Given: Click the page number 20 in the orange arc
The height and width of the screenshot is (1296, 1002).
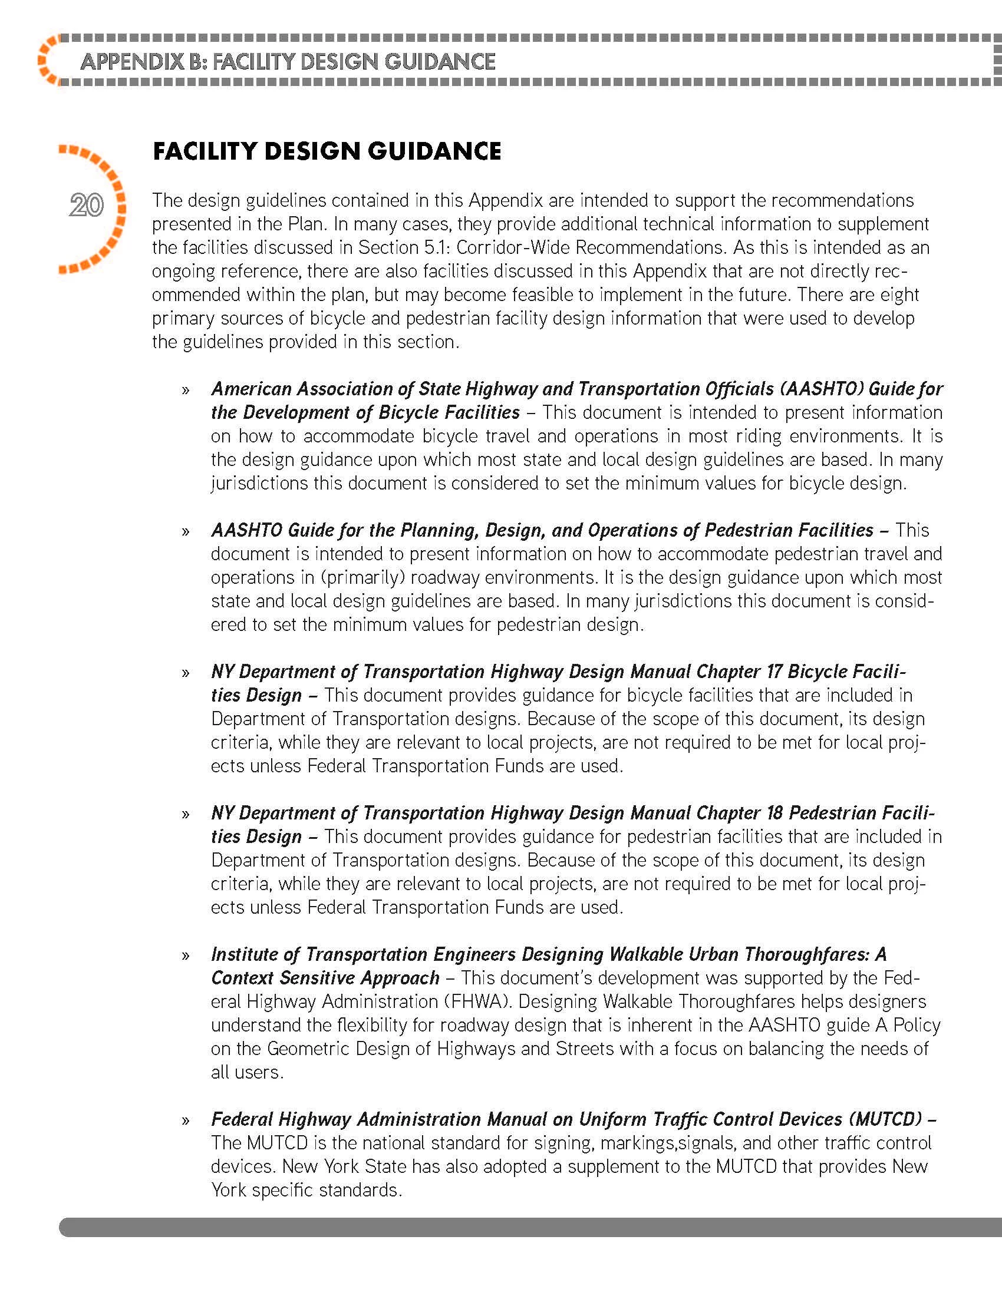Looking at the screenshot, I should (87, 206).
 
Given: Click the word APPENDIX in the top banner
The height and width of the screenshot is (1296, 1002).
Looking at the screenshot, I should (132, 62).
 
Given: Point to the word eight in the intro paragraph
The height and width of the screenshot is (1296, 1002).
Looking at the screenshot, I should (902, 295).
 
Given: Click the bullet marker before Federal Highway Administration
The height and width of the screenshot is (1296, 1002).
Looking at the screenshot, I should (186, 1121).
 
